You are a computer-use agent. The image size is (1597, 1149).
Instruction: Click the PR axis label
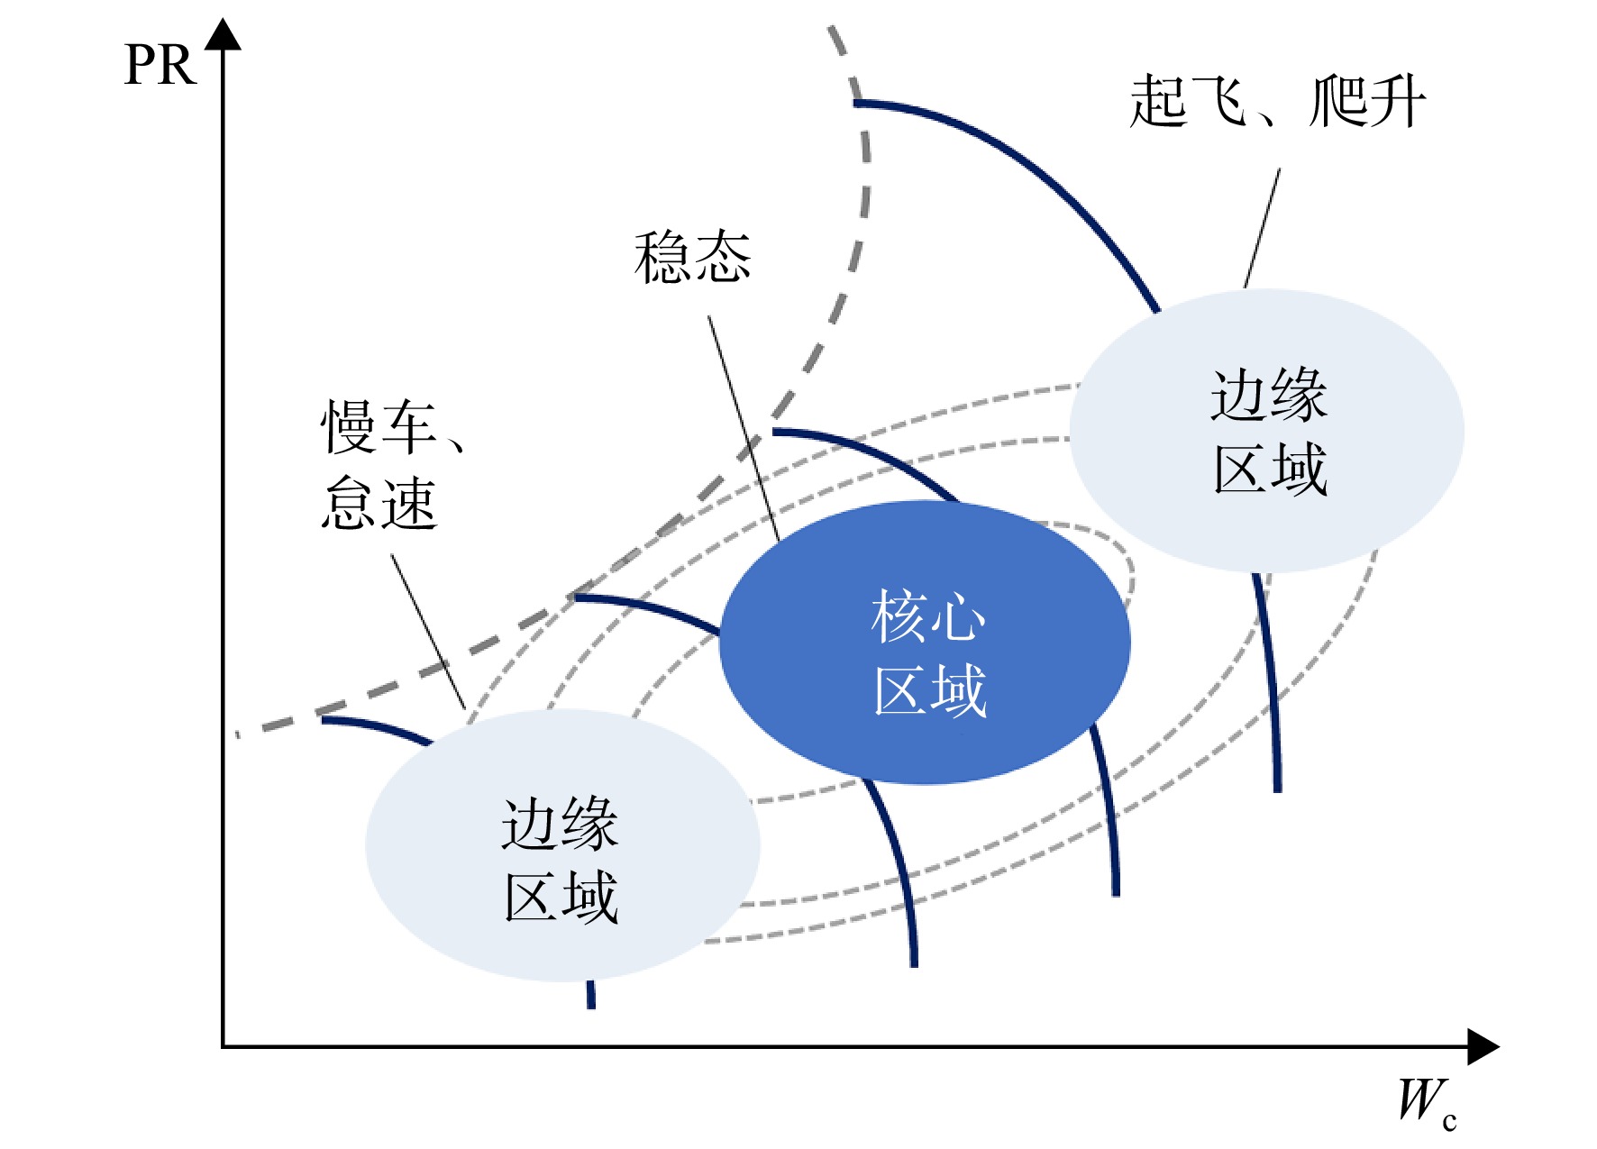click(160, 65)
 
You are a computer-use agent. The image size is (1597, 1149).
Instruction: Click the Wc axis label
click(1427, 1101)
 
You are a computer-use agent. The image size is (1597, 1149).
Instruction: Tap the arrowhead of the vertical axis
click(223, 34)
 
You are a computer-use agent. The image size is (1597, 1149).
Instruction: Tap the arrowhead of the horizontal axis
click(1483, 1046)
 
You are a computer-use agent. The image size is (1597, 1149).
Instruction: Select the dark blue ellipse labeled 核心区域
click(925, 643)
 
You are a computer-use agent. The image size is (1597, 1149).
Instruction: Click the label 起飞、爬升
click(1277, 101)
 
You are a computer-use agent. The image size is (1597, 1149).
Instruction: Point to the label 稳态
click(692, 257)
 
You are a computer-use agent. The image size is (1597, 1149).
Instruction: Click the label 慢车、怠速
click(392, 464)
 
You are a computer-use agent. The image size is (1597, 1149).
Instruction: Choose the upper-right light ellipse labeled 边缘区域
click(1266, 431)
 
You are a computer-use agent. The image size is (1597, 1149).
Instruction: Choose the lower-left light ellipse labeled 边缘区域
click(562, 845)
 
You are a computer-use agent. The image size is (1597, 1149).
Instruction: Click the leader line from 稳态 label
click(744, 428)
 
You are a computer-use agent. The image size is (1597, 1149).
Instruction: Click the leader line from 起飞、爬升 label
click(1262, 228)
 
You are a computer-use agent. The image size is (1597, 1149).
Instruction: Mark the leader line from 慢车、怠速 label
click(428, 631)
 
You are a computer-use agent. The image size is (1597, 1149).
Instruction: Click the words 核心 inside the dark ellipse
click(928, 617)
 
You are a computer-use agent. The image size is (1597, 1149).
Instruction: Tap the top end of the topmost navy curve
click(855, 104)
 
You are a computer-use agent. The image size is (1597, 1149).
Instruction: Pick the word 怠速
click(379, 503)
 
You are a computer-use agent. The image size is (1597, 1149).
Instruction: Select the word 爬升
click(1368, 101)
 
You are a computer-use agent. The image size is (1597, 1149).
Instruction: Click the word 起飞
click(1188, 101)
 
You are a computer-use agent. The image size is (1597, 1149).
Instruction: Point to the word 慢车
click(379, 427)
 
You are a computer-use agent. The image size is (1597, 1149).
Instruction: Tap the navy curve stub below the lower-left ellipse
click(590, 995)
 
